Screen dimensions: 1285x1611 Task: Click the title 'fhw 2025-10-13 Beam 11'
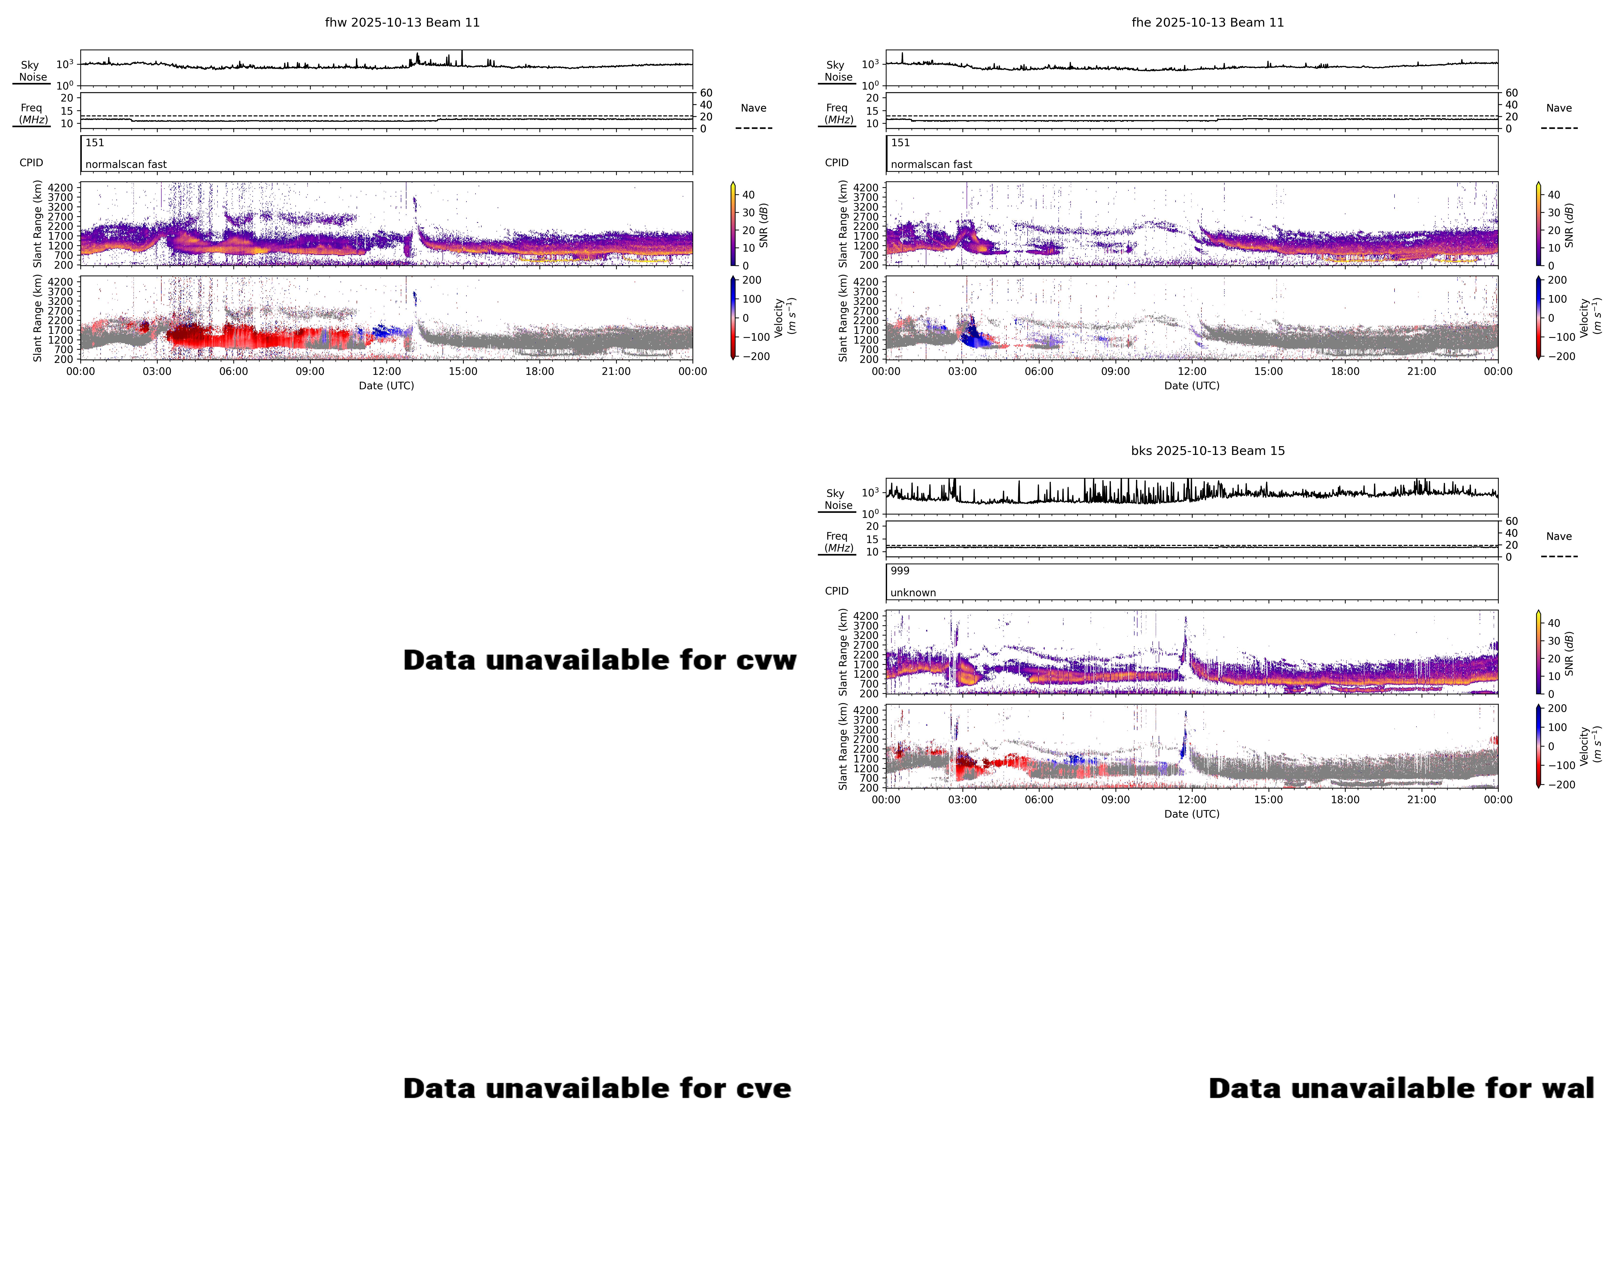click(402, 22)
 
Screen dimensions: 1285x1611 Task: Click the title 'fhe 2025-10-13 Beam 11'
click(1208, 22)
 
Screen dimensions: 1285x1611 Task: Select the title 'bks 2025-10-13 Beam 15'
click(1208, 451)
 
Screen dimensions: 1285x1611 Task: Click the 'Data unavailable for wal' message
click(1401, 1089)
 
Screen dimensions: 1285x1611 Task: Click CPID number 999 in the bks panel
click(900, 571)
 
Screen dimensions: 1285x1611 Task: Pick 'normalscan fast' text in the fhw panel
click(125, 164)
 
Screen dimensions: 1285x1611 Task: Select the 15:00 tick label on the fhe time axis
click(1268, 371)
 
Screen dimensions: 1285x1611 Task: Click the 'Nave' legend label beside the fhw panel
click(753, 108)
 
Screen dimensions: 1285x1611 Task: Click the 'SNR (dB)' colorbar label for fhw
click(764, 225)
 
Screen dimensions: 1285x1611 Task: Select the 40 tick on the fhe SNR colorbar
click(1553, 195)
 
